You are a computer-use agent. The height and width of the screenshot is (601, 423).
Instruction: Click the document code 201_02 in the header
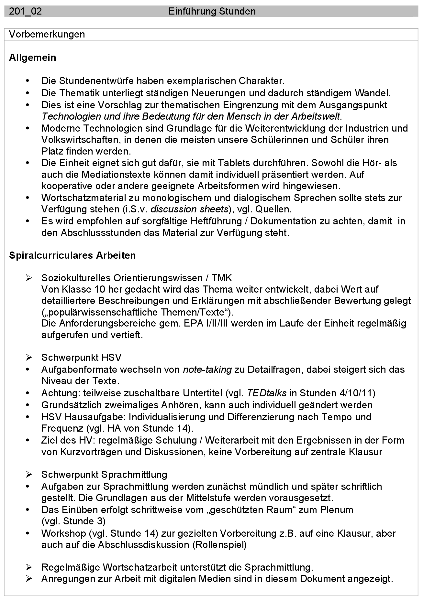click(x=25, y=12)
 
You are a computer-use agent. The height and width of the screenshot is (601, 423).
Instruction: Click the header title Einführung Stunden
click(x=212, y=12)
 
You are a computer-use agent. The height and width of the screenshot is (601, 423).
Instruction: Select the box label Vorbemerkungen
click(x=47, y=34)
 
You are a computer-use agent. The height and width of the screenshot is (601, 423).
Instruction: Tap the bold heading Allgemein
click(x=32, y=58)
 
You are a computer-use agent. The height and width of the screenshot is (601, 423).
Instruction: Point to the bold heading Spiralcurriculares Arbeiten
click(x=72, y=255)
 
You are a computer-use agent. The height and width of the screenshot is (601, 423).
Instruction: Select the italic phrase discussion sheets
click(x=189, y=209)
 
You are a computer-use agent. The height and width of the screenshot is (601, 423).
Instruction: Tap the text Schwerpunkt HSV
click(x=81, y=358)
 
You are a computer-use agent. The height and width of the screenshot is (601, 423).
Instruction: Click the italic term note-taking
click(x=207, y=370)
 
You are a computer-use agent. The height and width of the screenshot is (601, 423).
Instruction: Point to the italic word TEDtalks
click(x=267, y=393)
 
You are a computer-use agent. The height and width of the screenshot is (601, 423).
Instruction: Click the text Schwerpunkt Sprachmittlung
click(x=104, y=475)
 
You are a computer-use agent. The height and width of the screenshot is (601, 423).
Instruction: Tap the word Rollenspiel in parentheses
click(x=219, y=545)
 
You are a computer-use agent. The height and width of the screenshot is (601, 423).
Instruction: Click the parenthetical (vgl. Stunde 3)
click(x=73, y=521)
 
